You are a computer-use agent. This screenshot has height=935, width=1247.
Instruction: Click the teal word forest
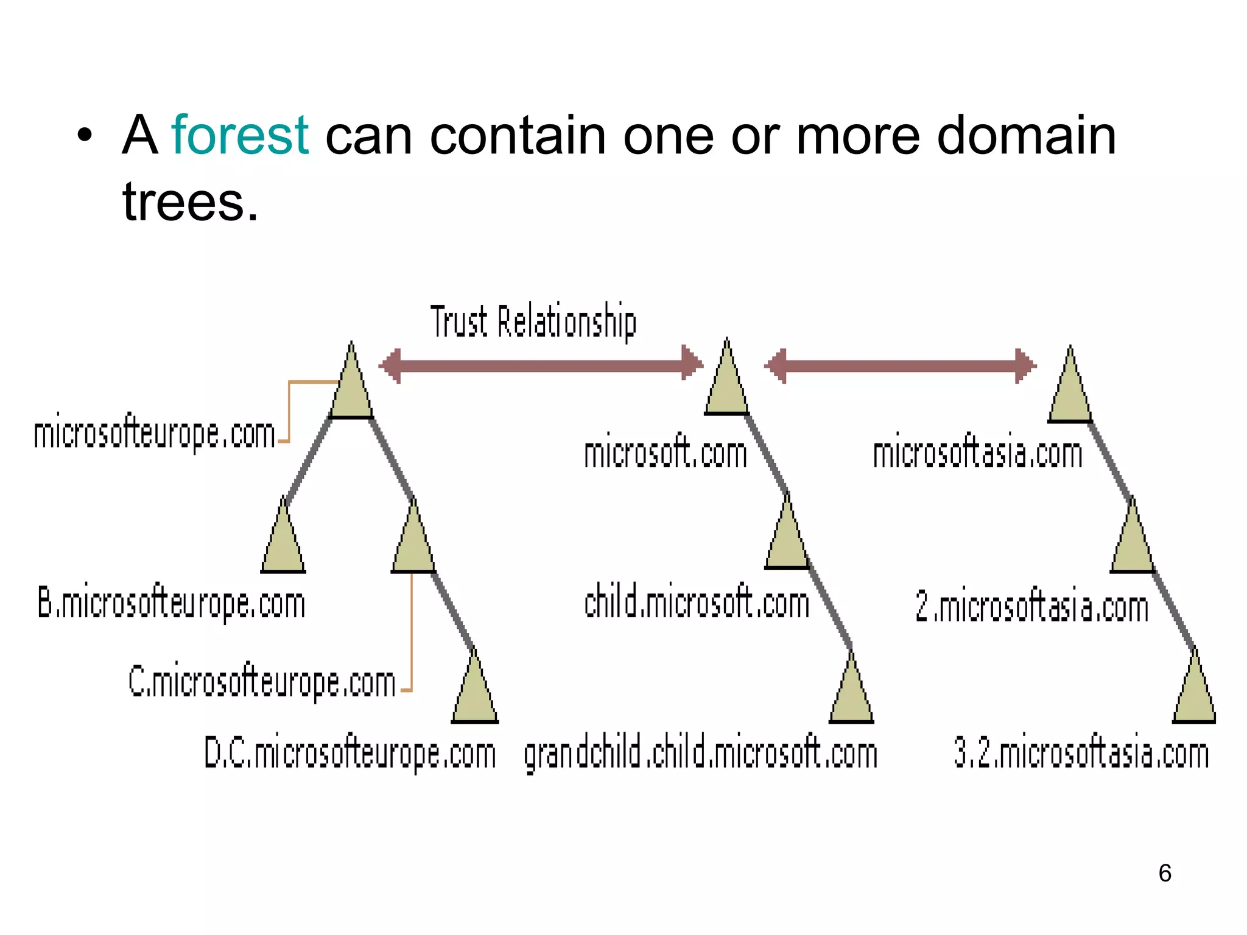pyautogui.click(x=240, y=135)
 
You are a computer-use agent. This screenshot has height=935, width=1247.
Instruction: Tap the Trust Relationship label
pyautogui.click(x=533, y=321)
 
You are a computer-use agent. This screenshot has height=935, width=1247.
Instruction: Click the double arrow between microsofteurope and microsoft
pyautogui.click(x=541, y=365)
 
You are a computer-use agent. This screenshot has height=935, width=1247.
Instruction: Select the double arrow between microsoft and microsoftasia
pyautogui.click(x=900, y=366)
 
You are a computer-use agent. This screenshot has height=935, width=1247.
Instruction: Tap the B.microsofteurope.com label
pyautogui.click(x=171, y=603)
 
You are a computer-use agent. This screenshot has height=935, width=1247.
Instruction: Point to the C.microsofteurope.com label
pyautogui.click(x=262, y=682)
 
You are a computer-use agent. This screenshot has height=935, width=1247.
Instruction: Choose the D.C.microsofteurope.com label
pyautogui.click(x=350, y=754)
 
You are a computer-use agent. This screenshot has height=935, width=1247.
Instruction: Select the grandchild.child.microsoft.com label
pyautogui.click(x=700, y=754)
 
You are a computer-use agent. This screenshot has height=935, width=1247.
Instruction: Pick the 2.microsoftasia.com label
pyautogui.click(x=1031, y=607)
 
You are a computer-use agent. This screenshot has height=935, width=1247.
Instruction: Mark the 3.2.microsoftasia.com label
pyautogui.click(x=1081, y=754)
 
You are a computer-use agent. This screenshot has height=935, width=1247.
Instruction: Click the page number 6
pyautogui.click(x=1165, y=873)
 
